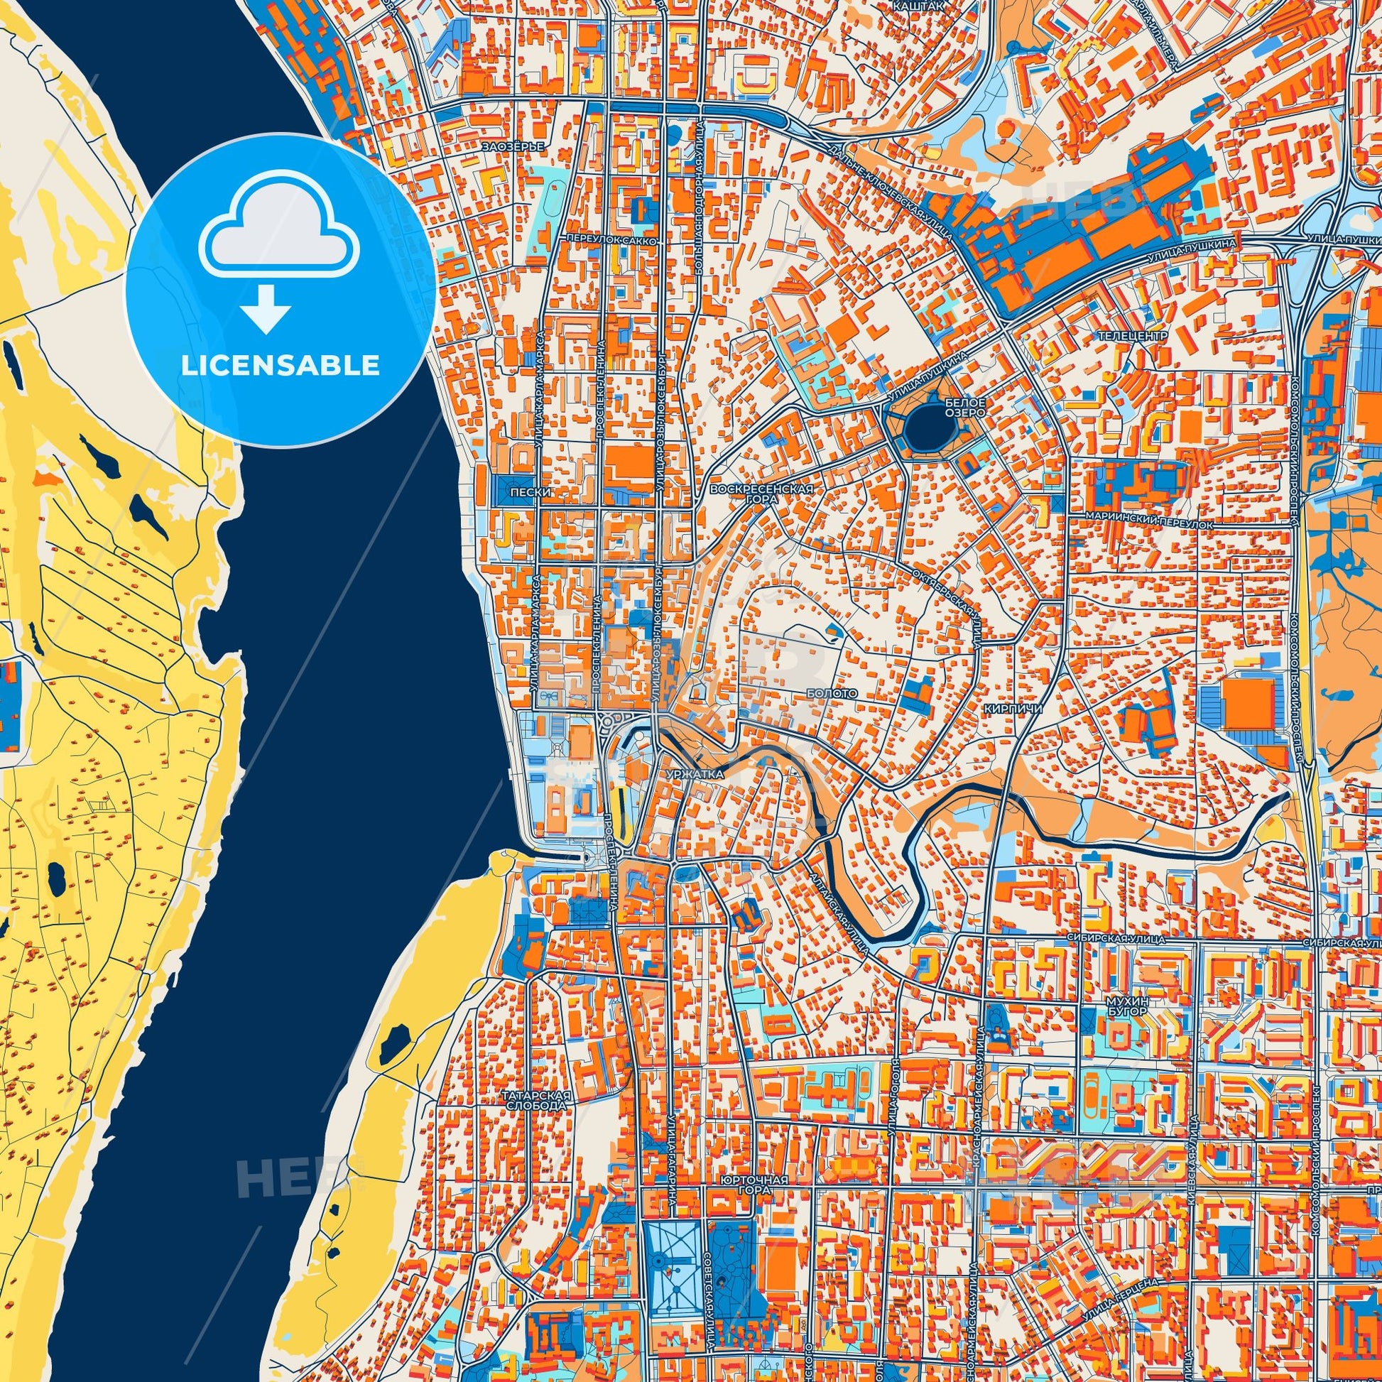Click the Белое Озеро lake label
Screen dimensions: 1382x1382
(965, 408)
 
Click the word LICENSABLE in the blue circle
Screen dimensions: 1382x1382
(281, 366)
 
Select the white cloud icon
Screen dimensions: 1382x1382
(281, 236)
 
